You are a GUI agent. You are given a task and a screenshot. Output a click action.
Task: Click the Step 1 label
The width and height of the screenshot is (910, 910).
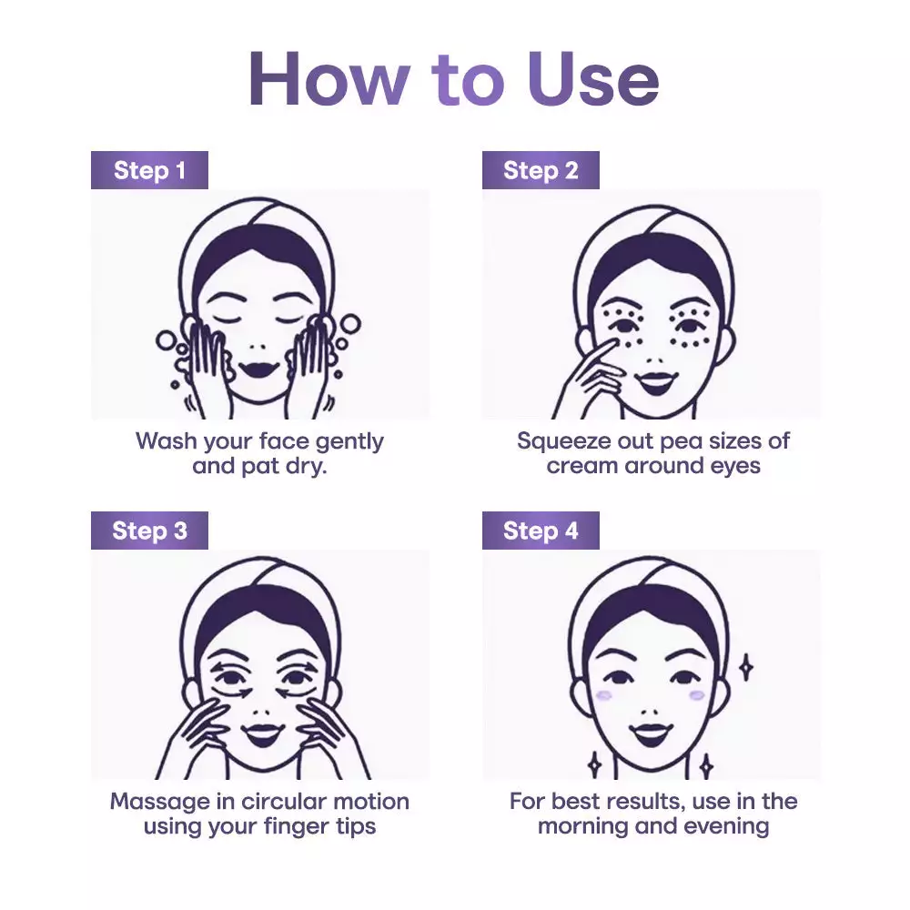coord(149,170)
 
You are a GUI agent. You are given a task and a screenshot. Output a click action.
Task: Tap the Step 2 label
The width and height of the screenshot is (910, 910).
coord(541,170)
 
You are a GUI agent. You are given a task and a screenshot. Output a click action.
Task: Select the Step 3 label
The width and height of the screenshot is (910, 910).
coord(149,531)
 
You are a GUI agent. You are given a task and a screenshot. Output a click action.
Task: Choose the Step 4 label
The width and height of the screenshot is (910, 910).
coord(541,531)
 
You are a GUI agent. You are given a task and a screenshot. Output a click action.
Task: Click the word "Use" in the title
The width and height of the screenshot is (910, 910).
coord(593,79)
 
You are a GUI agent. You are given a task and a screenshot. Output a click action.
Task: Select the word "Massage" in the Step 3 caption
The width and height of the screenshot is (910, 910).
coord(159,803)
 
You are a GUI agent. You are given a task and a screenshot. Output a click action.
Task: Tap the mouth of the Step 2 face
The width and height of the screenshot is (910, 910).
coord(655,381)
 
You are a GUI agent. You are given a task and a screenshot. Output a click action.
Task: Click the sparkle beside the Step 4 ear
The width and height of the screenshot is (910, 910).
coord(746,667)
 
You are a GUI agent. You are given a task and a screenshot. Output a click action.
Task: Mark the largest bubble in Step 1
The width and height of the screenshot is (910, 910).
coord(350,325)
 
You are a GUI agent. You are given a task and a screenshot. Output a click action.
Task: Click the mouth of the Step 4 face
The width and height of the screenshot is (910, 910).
coord(652,734)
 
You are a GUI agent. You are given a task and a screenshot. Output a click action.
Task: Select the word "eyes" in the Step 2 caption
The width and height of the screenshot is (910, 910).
coord(735,467)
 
